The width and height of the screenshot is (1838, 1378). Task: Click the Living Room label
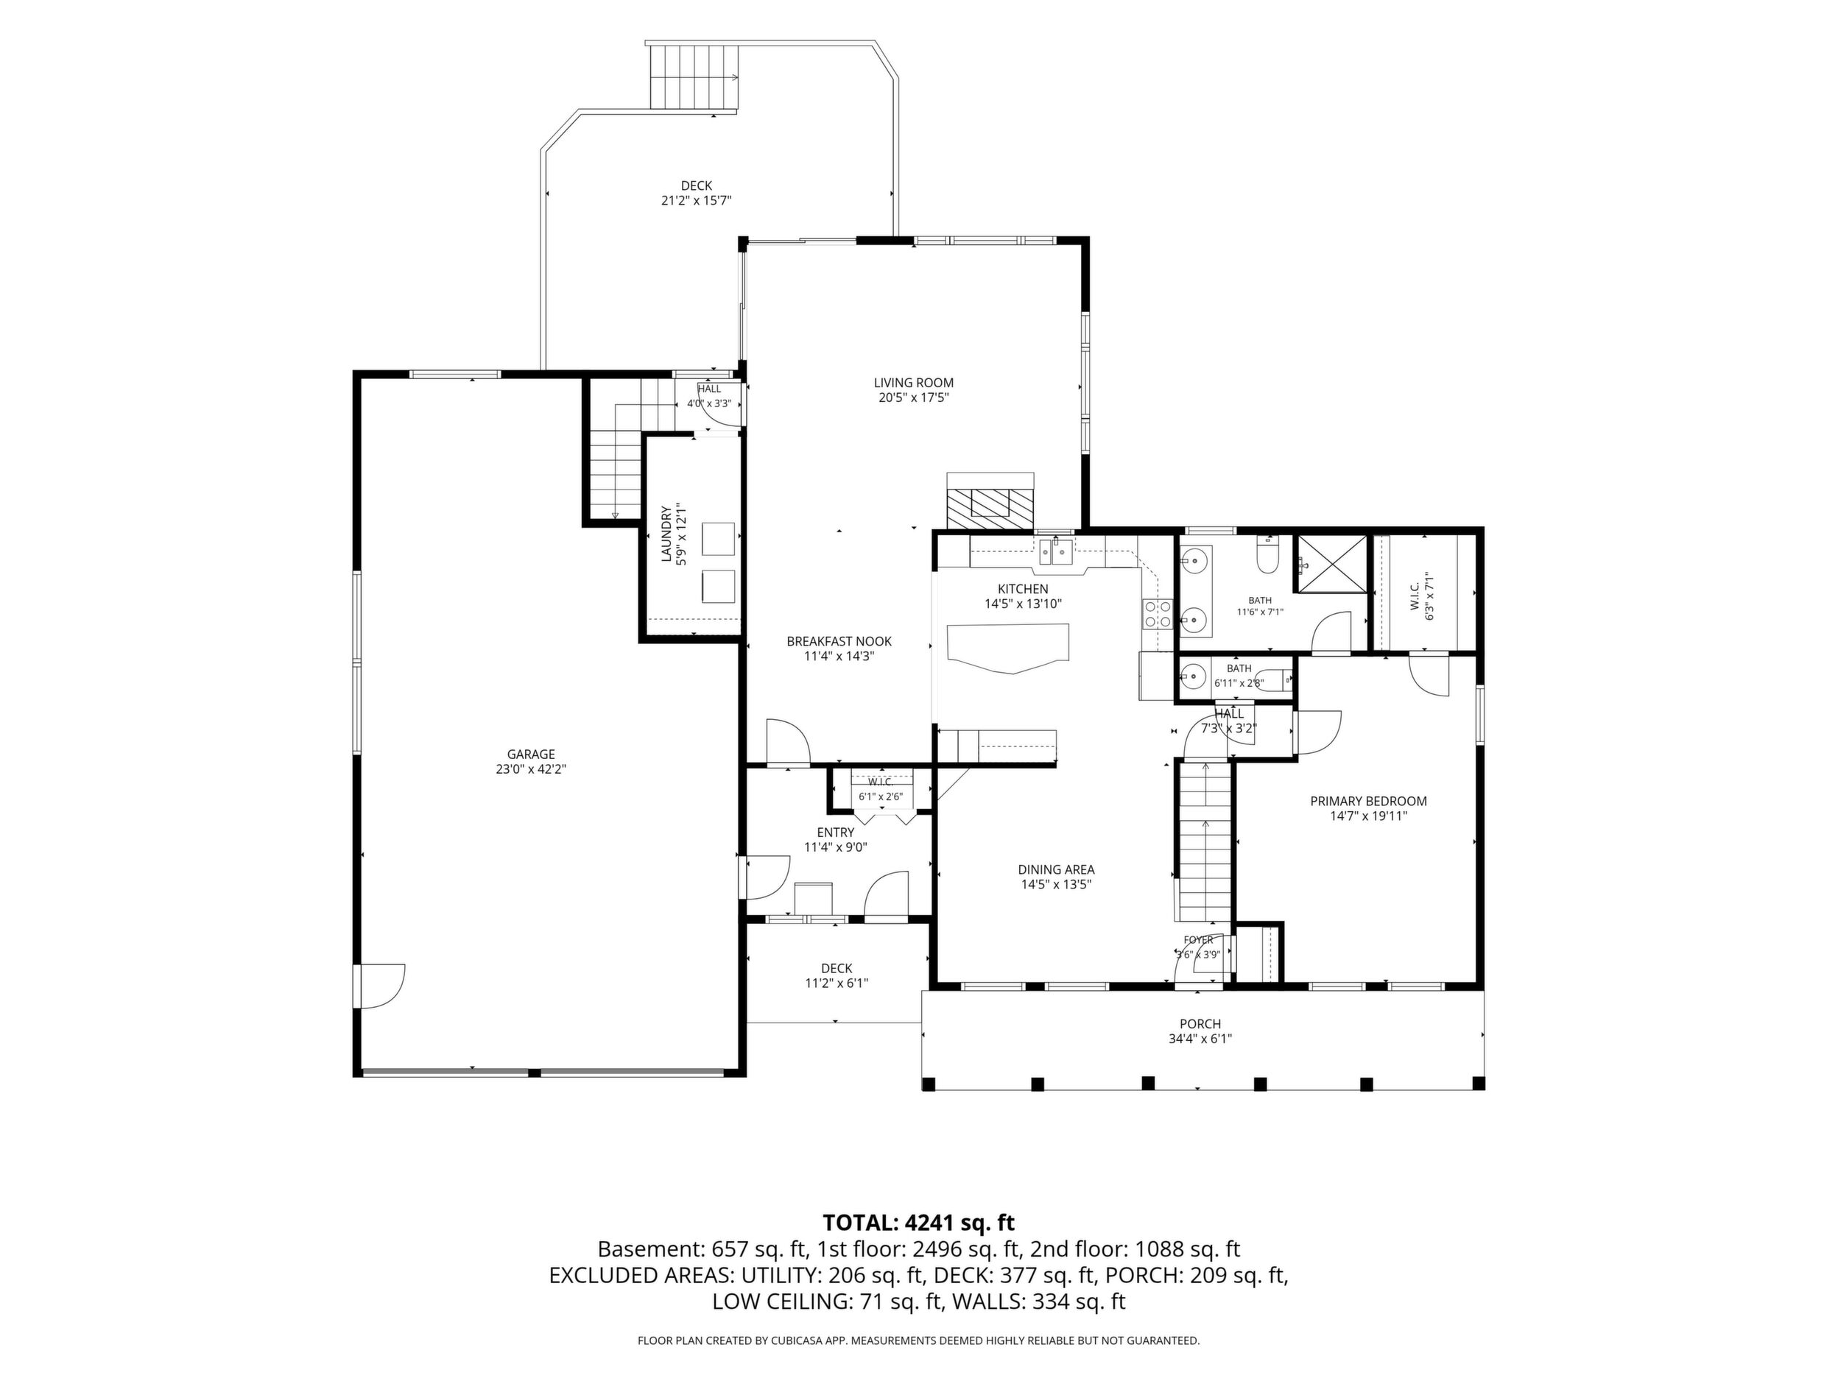[x=913, y=383]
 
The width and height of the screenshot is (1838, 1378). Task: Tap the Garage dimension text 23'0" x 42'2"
[x=531, y=769]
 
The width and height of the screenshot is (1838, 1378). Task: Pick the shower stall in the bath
[x=1332, y=564]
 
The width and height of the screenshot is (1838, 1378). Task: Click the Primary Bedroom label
[x=1368, y=802]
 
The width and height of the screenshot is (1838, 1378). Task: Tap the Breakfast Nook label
[x=839, y=641]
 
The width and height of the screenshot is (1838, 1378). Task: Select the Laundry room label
[x=666, y=534]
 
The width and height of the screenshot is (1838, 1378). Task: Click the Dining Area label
[x=1056, y=869]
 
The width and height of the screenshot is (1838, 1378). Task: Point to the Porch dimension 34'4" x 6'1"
[x=1200, y=1038]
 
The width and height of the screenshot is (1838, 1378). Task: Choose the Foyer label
[x=1198, y=940]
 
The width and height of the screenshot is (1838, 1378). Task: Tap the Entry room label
[x=835, y=833]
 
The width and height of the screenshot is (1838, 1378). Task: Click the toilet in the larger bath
[x=1267, y=557]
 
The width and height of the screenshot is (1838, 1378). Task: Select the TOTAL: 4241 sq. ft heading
[x=918, y=1223]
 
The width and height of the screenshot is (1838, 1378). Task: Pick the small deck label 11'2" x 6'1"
[x=837, y=983]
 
